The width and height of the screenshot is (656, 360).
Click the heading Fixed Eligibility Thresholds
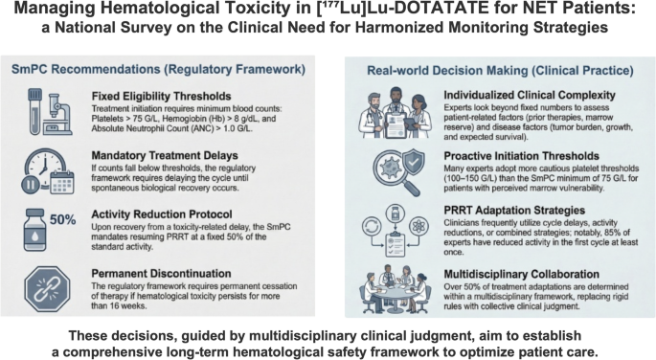[x=162, y=96]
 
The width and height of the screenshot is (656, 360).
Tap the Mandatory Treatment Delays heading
[x=165, y=155]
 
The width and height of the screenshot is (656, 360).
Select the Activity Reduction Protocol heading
[x=162, y=214]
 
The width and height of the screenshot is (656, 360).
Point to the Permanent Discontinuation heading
[x=161, y=274]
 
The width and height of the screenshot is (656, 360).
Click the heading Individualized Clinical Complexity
[x=530, y=96]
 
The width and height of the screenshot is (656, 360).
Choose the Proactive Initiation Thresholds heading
[x=522, y=156]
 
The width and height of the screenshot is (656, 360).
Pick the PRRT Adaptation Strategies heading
[x=514, y=211]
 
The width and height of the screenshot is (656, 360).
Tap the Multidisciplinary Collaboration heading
[x=522, y=274]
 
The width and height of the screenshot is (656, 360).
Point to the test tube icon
[x=34, y=112]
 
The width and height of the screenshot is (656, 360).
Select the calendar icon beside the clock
[x=62, y=182]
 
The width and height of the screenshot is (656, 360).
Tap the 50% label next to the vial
[x=63, y=219]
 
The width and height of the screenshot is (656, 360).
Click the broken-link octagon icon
[x=47, y=289]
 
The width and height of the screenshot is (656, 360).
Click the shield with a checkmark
[x=413, y=165]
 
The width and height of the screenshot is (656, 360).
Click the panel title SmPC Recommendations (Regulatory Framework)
[x=159, y=69]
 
